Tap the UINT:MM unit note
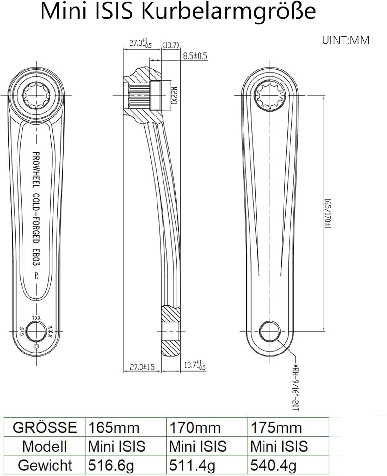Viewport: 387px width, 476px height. click(x=345, y=41)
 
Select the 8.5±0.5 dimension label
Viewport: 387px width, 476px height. click(x=195, y=56)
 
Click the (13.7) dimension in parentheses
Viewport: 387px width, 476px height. click(x=171, y=45)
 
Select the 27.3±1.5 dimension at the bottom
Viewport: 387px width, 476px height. click(x=142, y=367)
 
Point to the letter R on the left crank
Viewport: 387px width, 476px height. click(x=37, y=275)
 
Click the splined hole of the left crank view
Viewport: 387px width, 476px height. click(x=36, y=95)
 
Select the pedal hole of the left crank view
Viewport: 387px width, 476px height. click(x=36, y=332)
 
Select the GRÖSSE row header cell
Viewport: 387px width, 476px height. click(x=45, y=427)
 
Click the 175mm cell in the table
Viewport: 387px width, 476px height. click(x=276, y=427)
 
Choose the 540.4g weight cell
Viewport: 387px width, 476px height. click(x=273, y=466)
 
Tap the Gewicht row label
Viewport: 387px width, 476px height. click(x=45, y=466)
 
